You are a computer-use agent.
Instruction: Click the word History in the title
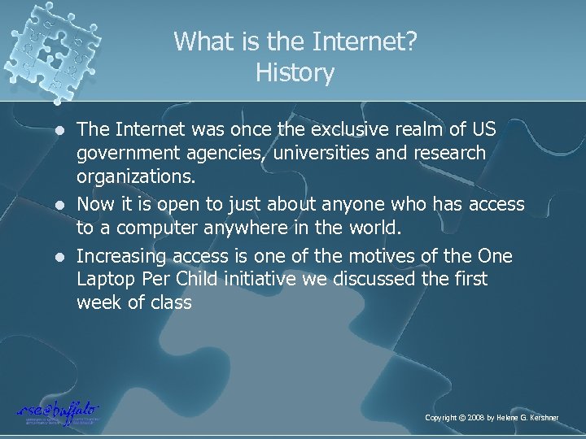[x=294, y=74]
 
